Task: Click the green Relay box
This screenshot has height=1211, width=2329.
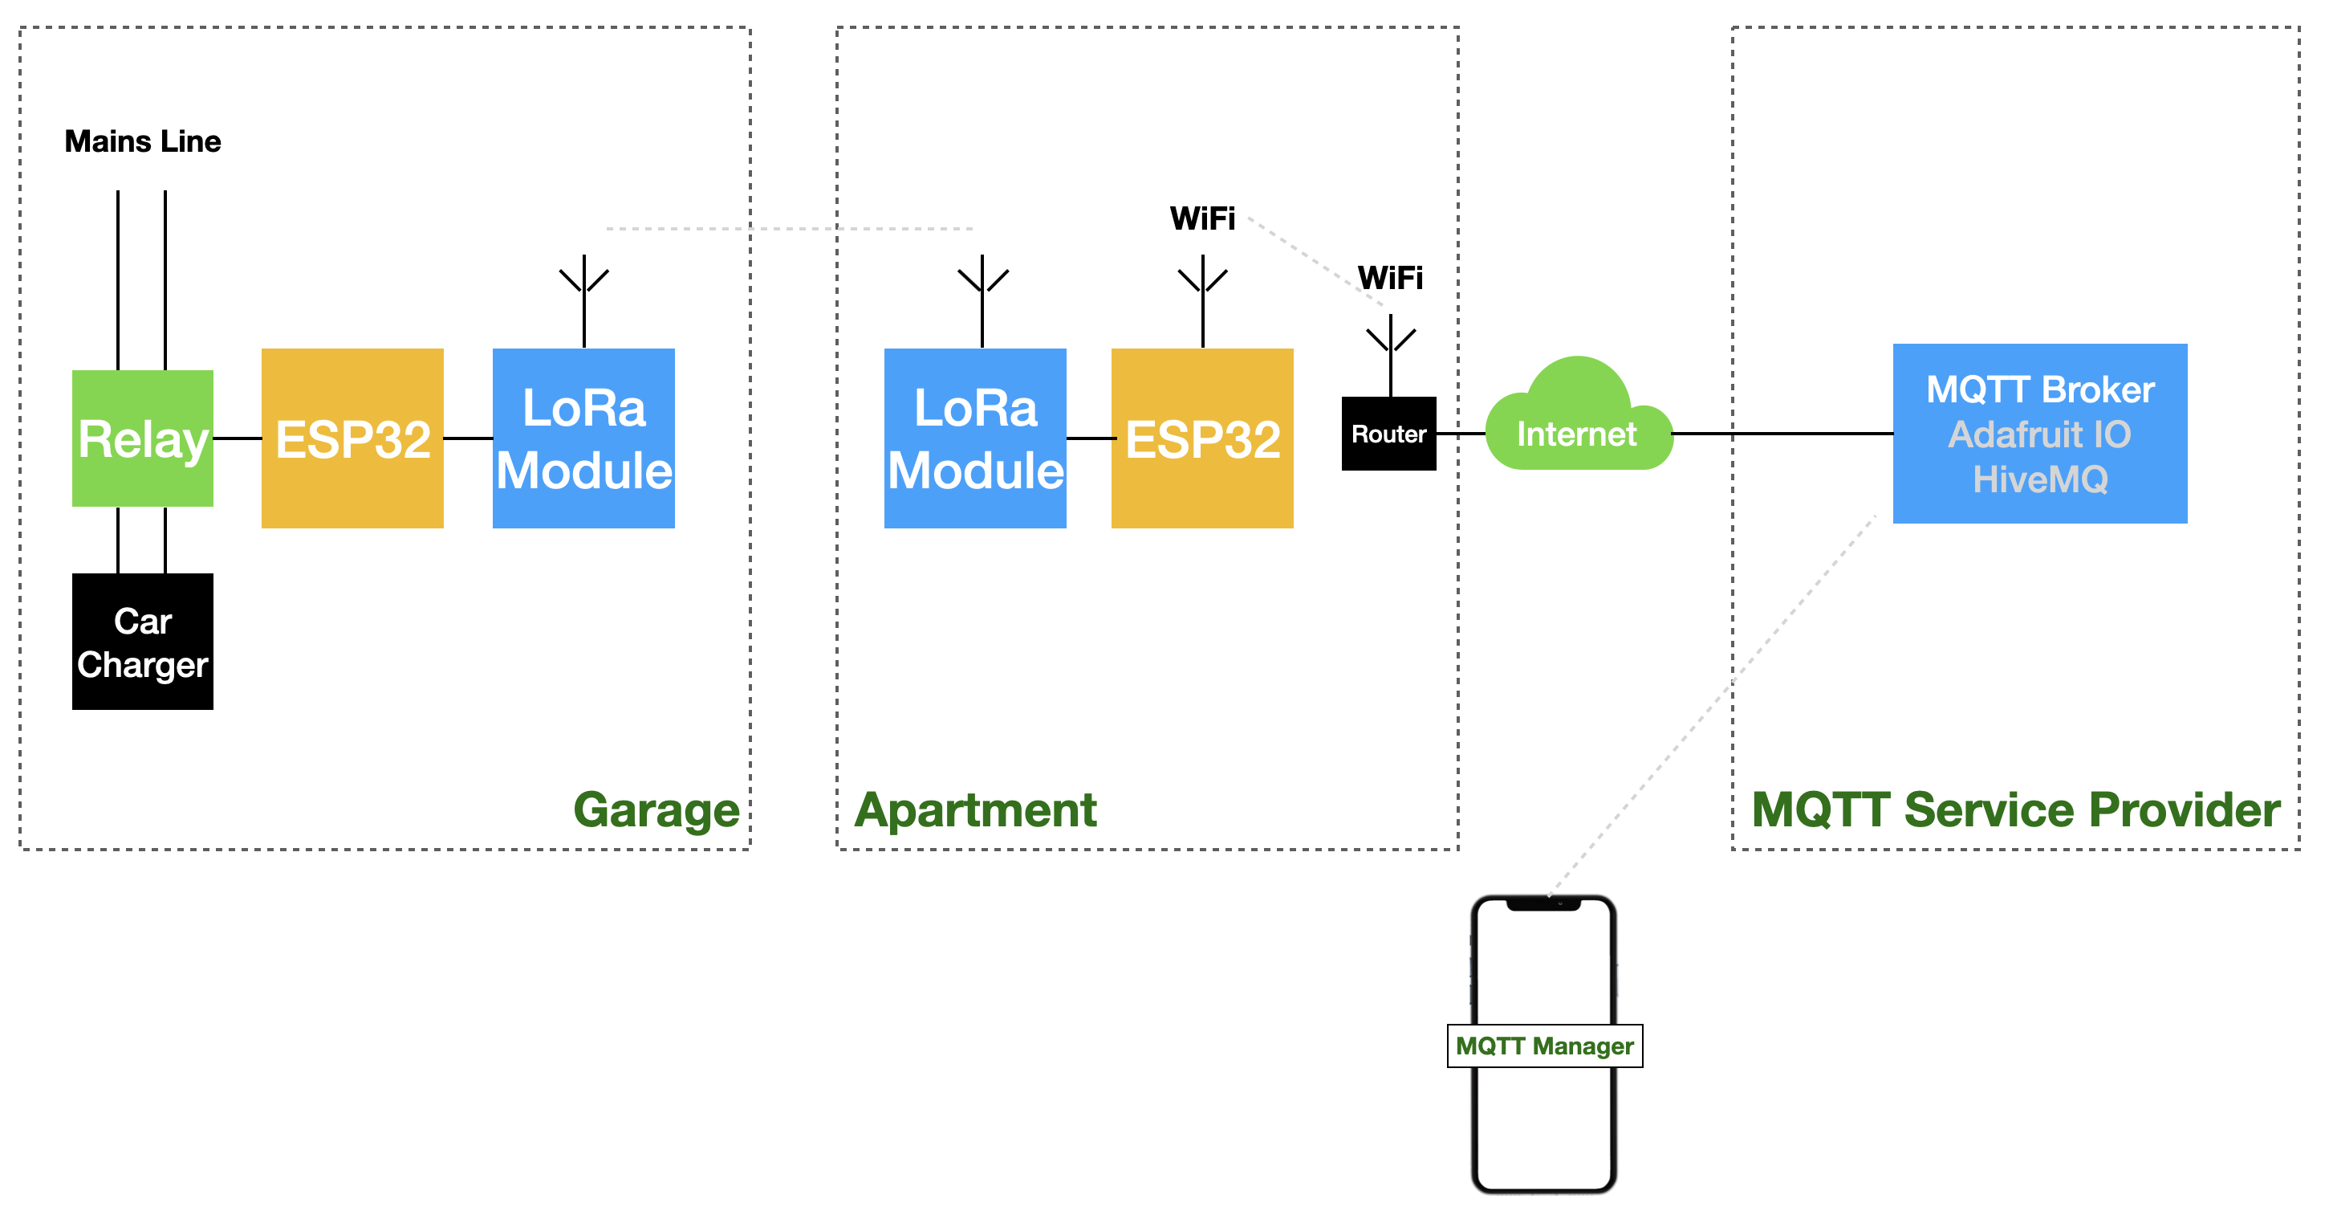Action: click(x=143, y=438)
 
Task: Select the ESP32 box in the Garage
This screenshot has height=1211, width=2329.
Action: click(x=352, y=438)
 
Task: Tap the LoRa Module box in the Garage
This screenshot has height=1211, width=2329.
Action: click(x=584, y=438)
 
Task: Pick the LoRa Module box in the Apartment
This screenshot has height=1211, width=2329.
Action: click(x=976, y=438)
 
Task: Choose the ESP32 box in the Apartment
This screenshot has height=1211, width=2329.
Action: click(x=1202, y=438)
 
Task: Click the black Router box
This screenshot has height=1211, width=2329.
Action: click(x=1388, y=434)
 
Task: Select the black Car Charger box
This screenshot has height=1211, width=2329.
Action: click(x=143, y=642)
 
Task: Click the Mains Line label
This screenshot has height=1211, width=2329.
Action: click(x=143, y=142)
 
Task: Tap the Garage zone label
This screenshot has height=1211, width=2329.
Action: click(x=656, y=809)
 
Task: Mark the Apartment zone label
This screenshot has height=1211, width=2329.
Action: click(x=976, y=809)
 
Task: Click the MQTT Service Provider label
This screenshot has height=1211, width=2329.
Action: click(x=2016, y=809)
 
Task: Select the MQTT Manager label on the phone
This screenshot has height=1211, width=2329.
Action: click(x=1544, y=1046)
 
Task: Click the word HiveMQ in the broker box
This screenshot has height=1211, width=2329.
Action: click(x=2041, y=479)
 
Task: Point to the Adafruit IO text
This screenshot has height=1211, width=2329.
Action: click(x=2041, y=435)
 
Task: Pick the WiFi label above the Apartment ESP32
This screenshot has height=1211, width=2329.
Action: click(x=1202, y=219)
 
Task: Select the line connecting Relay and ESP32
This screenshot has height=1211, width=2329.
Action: click(x=237, y=438)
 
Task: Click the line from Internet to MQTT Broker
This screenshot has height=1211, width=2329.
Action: click(x=1781, y=434)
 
